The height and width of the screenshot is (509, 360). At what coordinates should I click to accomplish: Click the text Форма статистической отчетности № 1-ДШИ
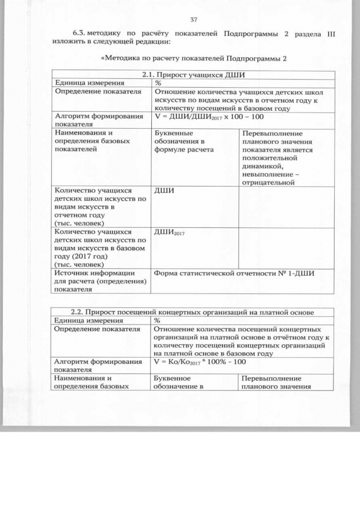pos(234,274)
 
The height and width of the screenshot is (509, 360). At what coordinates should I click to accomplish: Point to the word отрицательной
pos(268,182)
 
